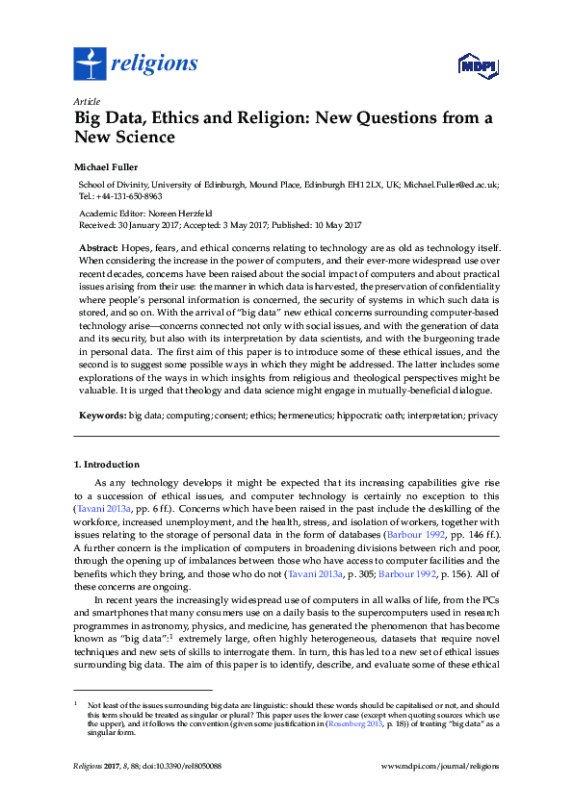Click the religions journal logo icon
89,64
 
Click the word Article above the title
86,101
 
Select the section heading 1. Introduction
107,464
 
